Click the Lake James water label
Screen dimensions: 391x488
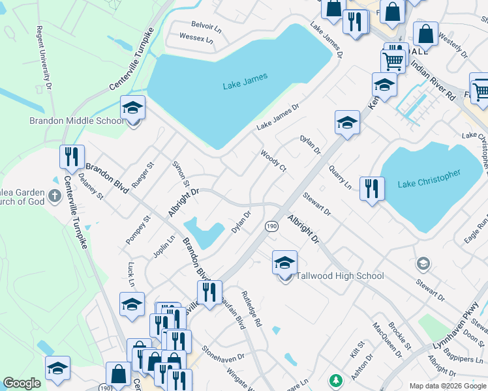tap(245, 85)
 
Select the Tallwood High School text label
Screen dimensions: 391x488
tap(340, 276)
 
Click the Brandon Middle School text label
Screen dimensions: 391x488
tap(76, 121)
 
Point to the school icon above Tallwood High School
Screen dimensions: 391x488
tap(284, 263)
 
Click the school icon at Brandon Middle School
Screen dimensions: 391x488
tap(133, 109)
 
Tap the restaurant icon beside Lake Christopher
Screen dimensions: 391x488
tap(372, 190)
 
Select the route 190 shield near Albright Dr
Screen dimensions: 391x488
tap(271, 225)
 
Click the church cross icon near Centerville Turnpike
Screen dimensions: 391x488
tap(54, 195)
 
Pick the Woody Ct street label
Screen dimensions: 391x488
tap(273, 160)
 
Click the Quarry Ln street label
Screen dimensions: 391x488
tap(340, 176)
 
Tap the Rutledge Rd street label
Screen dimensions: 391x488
tap(253, 309)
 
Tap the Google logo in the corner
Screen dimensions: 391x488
tap(22, 383)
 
